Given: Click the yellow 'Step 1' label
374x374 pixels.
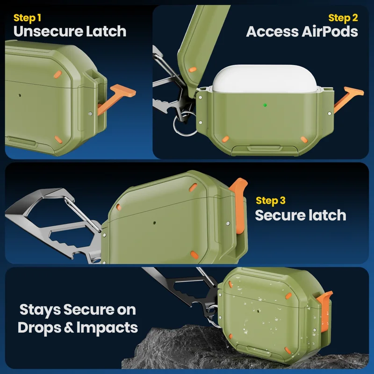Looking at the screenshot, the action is [x=27, y=18].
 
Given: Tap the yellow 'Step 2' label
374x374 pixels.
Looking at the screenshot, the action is [x=343, y=18].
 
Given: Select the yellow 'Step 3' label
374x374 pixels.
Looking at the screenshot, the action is [x=271, y=201].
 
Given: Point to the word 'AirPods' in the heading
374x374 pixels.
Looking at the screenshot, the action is [x=330, y=31].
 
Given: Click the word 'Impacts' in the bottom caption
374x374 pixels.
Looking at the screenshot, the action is [x=107, y=328].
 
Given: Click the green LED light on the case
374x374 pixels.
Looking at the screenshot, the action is [x=265, y=105].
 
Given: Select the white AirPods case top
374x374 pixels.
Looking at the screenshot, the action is [x=264, y=79].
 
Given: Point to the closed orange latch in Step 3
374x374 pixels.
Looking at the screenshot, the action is [x=238, y=205].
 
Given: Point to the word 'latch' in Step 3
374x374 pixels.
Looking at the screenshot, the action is [x=327, y=215].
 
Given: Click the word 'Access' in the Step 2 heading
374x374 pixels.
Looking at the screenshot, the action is [x=273, y=31].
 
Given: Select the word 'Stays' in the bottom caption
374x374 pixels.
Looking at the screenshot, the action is [x=40, y=310].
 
